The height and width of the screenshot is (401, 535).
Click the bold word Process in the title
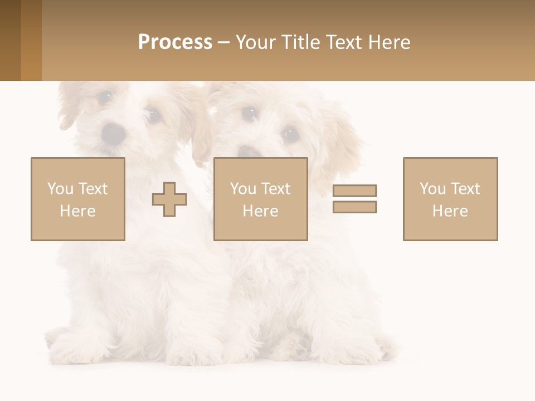click(175, 42)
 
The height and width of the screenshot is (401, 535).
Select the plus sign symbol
click(169, 199)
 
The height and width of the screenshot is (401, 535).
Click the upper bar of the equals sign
click(354, 190)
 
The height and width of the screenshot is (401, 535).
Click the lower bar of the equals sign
click(354, 207)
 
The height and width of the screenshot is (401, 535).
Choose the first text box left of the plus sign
click(78, 199)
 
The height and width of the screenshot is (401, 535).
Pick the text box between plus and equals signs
click(261, 199)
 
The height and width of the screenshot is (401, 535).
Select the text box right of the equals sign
click(450, 199)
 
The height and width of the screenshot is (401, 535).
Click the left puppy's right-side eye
click(153, 115)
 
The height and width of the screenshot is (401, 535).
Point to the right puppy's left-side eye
click(249, 114)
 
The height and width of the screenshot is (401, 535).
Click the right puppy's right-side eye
click(290, 134)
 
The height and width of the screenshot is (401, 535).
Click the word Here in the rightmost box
click(450, 211)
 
